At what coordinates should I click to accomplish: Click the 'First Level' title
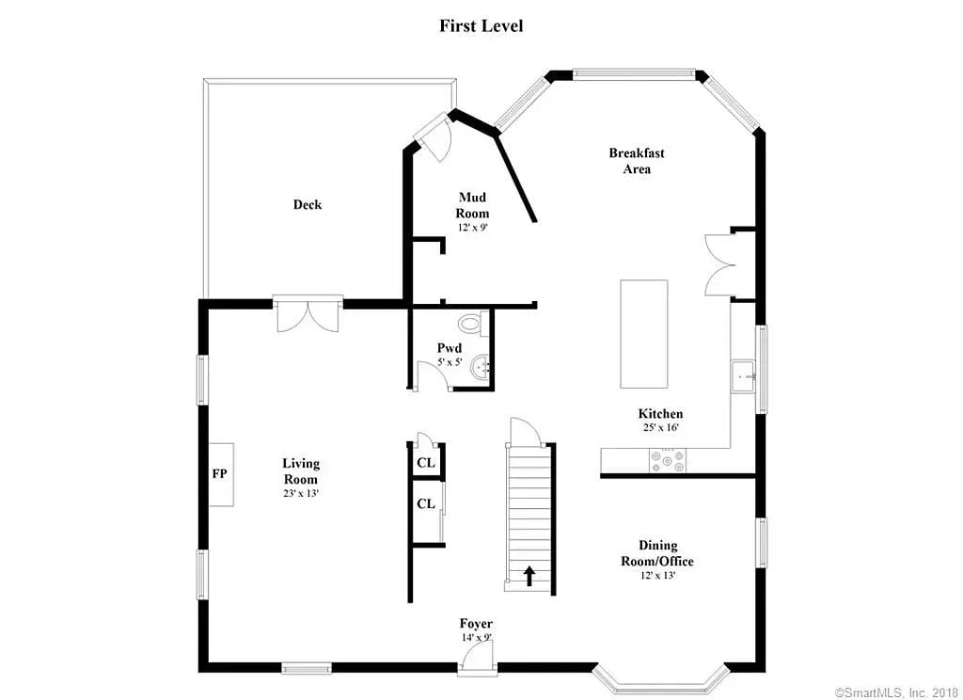point(481,25)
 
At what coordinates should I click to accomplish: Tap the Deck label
point(307,204)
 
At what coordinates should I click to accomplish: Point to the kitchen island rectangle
point(643,333)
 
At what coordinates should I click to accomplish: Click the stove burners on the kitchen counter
point(667,460)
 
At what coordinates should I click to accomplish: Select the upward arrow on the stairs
point(529,575)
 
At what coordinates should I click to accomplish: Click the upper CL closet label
point(425,462)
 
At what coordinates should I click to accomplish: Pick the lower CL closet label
point(425,503)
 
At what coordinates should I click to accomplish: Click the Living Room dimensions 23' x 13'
point(301,493)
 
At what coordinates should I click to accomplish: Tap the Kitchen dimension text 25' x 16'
point(659,427)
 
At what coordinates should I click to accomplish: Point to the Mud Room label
point(473,205)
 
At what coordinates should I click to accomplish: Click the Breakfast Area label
point(637,161)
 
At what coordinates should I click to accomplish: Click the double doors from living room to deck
point(308,314)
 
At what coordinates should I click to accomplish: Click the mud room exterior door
point(435,137)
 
